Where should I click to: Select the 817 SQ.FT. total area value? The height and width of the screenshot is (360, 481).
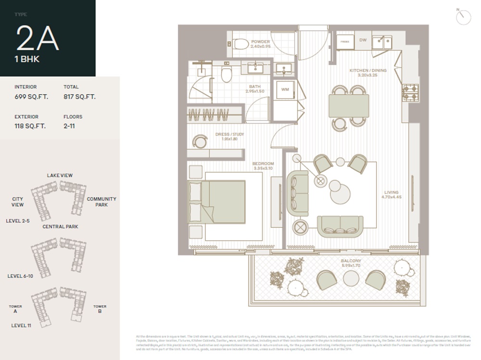(x=79, y=97)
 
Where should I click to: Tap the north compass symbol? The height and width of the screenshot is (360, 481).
(x=463, y=17)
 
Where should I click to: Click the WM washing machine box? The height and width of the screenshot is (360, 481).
(x=285, y=89)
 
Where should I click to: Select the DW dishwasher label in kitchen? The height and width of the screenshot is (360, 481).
(x=363, y=40)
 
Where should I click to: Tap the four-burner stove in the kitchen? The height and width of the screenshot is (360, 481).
(x=410, y=92)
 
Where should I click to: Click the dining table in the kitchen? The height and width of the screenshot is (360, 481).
(x=349, y=106)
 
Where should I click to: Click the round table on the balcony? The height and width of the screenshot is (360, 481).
(x=351, y=278)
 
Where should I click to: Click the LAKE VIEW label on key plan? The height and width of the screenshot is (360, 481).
(x=60, y=175)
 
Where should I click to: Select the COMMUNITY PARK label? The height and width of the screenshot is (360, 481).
(x=101, y=202)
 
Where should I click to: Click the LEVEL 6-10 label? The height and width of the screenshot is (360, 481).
(x=20, y=276)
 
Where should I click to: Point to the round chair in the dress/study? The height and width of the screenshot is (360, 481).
(x=199, y=141)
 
